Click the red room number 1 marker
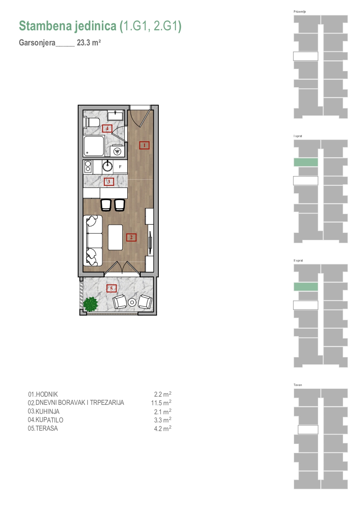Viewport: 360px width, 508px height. coord(144,145)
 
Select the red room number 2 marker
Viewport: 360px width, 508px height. coord(131,237)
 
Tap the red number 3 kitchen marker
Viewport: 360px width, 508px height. coord(109,182)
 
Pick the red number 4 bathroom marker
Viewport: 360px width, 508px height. coord(107,129)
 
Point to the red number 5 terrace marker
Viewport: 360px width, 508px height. coord(111,289)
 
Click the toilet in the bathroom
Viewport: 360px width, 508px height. coord(91,122)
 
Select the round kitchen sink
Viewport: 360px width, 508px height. coord(108,166)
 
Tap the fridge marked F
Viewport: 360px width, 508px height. coord(120,167)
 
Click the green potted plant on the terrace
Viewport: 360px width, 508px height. coord(90,304)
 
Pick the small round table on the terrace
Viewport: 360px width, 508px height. coord(132,302)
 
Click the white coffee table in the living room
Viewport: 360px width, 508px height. coord(115,237)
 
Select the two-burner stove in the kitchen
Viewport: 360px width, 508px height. coord(88,166)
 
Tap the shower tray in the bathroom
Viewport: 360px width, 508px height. coord(94,146)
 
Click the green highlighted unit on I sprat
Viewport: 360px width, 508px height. coord(306,162)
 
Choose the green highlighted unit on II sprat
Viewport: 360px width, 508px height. coord(306,287)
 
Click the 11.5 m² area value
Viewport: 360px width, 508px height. coord(161,403)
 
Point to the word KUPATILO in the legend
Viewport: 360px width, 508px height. coord(49,420)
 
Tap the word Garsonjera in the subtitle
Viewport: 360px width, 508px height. coord(37,43)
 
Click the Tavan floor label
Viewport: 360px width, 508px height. coord(298,385)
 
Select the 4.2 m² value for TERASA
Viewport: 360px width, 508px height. coord(163,429)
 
